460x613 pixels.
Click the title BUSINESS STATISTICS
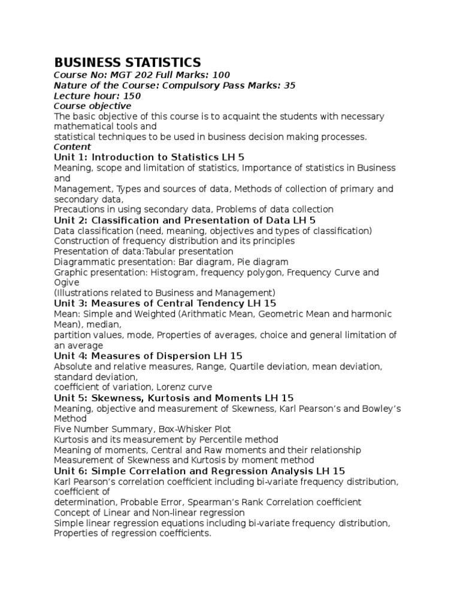click(x=128, y=62)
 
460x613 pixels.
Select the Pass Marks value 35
click(x=289, y=85)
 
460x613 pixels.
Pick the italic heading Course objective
click(x=92, y=105)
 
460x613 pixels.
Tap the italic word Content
click(x=72, y=147)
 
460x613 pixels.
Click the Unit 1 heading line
click(x=149, y=157)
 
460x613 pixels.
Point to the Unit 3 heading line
click(x=165, y=304)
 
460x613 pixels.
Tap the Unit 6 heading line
click(x=199, y=471)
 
